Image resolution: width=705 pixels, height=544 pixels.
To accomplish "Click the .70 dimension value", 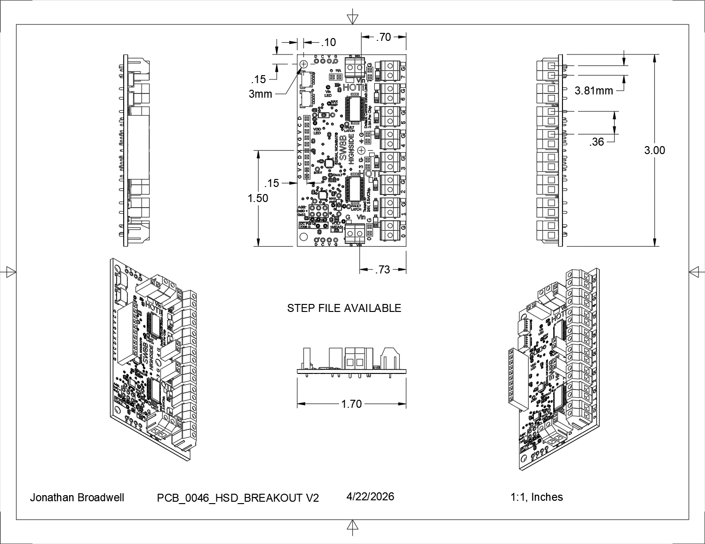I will pos(384,37).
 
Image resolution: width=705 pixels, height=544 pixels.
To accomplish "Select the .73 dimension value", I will pos(383,270).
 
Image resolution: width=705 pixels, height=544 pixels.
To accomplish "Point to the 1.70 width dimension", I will pos(351,404).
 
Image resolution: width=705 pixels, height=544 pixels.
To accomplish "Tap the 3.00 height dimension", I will pos(655,150).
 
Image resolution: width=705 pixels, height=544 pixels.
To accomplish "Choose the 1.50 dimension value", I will pos(258,198).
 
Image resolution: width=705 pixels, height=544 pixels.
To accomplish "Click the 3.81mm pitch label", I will pos(594,91).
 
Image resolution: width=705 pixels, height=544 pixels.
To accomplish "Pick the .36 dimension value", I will pos(596,142).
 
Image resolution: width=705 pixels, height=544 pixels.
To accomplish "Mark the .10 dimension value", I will pos(328,43).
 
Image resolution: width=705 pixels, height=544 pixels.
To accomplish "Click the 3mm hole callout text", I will pos(261,94).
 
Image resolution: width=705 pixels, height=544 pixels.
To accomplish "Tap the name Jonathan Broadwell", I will pos(77,497).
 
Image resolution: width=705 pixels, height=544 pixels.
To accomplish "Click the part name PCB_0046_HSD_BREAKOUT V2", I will pos(238,498).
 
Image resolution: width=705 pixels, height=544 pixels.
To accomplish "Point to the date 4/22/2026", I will pos(370,497).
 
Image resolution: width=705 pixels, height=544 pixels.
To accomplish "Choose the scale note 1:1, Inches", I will pos(537,497).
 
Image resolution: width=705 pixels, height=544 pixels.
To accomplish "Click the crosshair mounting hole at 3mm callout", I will pos(303,63).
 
